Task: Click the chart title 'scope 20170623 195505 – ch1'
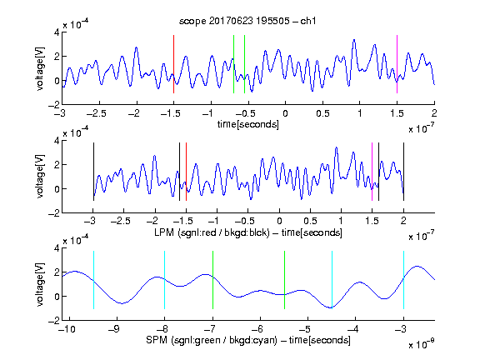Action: tap(247, 21)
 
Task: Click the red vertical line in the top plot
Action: tap(173, 64)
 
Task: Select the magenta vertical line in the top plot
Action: tap(397, 64)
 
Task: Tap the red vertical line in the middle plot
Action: tap(186, 172)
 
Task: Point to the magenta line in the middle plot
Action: tap(372, 172)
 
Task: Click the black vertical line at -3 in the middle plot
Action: tap(93, 172)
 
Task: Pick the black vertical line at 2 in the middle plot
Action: tap(403, 172)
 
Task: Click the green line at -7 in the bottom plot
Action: tap(212, 280)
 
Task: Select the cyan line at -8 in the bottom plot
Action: tap(164, 280)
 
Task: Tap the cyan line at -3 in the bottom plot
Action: tap(403, 280)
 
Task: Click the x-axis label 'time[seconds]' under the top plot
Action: tap(248, 124)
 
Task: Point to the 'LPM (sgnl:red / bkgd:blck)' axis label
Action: tap(212, 232)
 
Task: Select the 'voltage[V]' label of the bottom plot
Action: tap(40, 284)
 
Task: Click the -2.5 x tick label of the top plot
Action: tap(97, 113)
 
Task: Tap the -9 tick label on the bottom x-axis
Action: tap(114, 329)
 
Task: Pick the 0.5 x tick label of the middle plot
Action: tap(310, 221)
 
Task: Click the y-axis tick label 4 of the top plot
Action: tap(57, 32)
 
